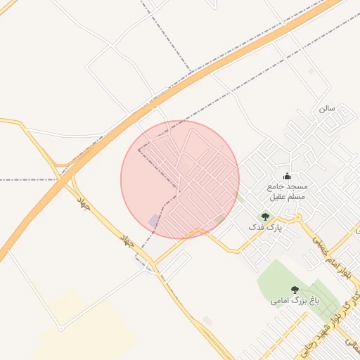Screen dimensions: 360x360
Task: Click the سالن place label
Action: (x=327, y=109)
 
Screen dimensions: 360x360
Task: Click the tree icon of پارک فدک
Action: (x=265, y=217)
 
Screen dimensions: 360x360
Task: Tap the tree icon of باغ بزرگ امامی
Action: (x=295, y=289)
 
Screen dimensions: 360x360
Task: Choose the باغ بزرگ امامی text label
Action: (x=295, y=300)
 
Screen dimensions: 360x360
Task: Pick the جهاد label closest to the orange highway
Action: (x=84, y=204)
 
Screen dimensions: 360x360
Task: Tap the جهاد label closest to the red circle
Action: (x=128, y=241)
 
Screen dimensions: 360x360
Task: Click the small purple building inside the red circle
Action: (x=155, y=221)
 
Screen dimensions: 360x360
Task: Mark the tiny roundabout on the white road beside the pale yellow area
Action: (x=61, y=328)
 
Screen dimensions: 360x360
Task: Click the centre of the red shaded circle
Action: (x=180, y=179)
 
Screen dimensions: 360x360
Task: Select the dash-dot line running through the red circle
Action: (x=158, y=162)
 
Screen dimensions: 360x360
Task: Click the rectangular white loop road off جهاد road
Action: (x=173, y=263)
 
